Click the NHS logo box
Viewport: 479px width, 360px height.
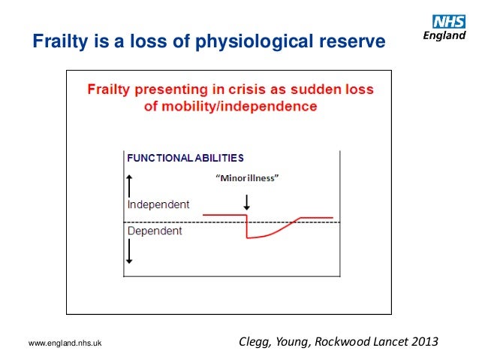tap(450, 22)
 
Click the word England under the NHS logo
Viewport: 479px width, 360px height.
tap(448, 35)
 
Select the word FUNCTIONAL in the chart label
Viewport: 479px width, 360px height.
tap(155, 159)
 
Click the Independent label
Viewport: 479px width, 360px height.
tap(158, 204)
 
